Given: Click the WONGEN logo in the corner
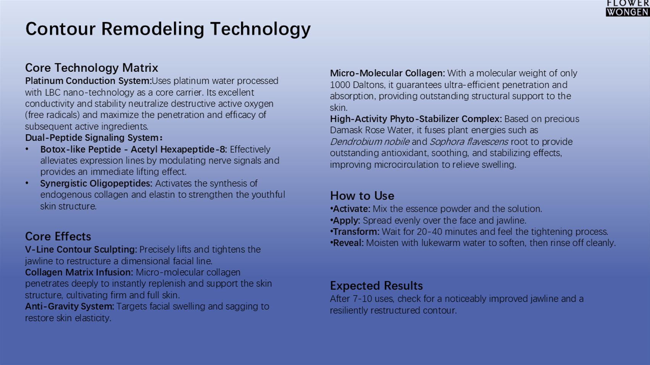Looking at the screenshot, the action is coord(627,12).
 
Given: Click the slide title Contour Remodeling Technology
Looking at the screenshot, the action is coord(168,29).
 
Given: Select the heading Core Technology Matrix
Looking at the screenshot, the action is coord(91,68).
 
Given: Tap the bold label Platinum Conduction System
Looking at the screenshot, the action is coord(89,81).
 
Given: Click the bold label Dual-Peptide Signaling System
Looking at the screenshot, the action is coord(94,137).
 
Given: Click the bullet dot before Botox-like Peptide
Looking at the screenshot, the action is coord(27,149).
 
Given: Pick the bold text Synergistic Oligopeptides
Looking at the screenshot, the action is coord(96,183).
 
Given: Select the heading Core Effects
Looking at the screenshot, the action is coord(58,236).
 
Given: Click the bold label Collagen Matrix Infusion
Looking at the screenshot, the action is coord(79,273).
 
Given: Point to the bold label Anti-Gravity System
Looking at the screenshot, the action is coord(70,306).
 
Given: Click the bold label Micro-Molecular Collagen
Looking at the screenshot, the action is coord(387,73).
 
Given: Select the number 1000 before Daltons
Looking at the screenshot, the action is coord(340,85).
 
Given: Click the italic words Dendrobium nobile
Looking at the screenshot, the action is coord(370,142).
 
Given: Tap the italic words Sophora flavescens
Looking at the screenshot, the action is coord(469,142).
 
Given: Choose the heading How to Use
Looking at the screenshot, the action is coord(362,196).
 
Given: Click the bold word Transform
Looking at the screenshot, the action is coord(356,232).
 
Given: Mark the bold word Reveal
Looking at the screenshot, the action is coord(348,243).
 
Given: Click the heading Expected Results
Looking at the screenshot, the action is coord(376,286).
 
